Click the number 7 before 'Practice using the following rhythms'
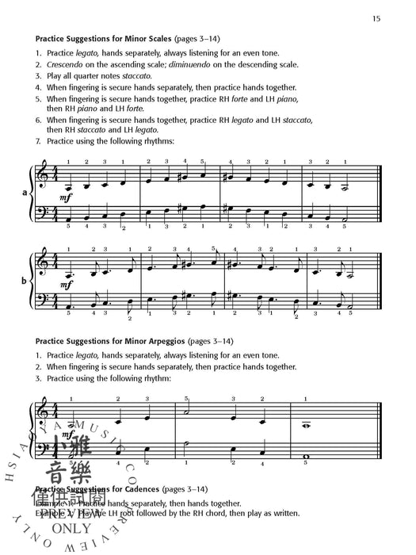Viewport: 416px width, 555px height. (38, 141)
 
